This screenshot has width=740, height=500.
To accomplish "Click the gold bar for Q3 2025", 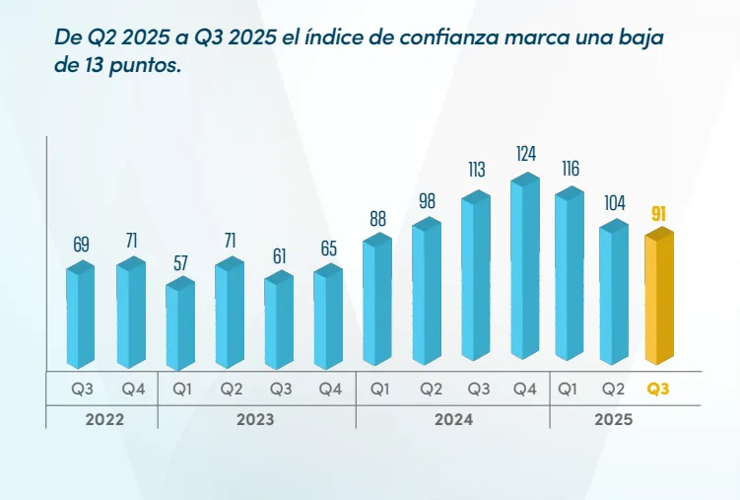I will tap(658, 296).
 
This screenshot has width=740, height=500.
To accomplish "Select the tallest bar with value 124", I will tap(525, 266).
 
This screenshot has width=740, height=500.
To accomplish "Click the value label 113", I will tap(477, 171).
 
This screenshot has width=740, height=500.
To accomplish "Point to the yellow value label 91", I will tap(658, 213).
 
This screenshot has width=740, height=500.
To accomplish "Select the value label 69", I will tap(81, 243).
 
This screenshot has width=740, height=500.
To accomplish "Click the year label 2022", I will tap(104, 419).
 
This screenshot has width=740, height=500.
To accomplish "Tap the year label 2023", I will tap(255, 419).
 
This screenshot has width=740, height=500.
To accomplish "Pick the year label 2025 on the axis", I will tap(613, 419).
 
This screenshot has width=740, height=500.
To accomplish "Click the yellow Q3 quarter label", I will tap(658, 389).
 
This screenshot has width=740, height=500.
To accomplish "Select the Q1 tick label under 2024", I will tap(379, 389).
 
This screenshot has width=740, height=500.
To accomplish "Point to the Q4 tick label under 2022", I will tap(132, 389).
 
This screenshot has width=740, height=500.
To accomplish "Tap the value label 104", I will tap(614, 203).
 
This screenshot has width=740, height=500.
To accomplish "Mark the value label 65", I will tap(329, 249).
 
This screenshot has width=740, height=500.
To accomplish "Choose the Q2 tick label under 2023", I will tap(232, 389).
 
